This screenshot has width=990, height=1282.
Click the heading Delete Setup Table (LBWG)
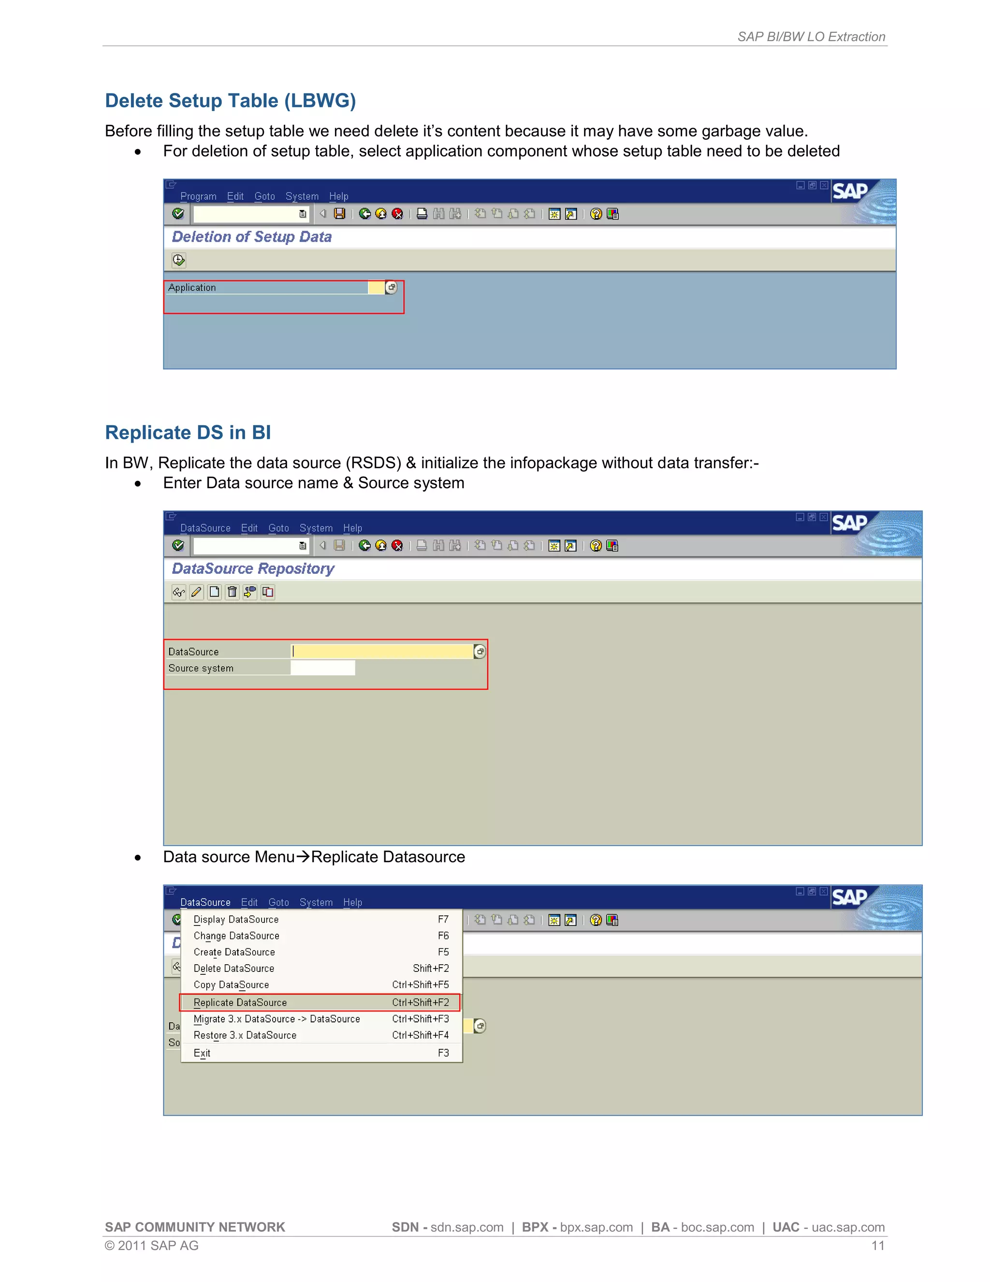(x=230, y=101)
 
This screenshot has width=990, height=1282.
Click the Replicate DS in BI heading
(x=188, y=432)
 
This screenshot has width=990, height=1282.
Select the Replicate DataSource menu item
(x=240, y=1002)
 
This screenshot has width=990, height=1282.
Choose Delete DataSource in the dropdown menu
(x=234, y=969)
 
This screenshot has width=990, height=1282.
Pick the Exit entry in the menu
(x=202, y=1053)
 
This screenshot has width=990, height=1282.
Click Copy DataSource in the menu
(x=231, y=985)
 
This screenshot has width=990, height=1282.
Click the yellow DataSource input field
(x=382, y=652)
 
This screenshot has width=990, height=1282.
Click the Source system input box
(x=322, y=668)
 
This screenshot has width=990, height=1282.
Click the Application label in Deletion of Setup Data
(x=192, y=288)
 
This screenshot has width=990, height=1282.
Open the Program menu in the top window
(x=198, y=196)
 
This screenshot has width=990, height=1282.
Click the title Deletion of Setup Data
(x=251, y=237)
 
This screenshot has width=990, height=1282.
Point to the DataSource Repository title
(x=253, y=569)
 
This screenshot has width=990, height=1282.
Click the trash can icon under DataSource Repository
(x=232, y=592)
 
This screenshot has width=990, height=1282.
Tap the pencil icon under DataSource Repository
(x=196, y=592)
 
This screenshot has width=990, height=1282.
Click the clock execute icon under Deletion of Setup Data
(x=179, y=260)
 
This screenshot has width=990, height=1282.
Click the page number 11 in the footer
(x=877, y=1246)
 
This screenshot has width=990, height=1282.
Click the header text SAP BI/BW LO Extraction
(x=811, y=37)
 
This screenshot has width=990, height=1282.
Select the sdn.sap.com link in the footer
(x=467, y=1227)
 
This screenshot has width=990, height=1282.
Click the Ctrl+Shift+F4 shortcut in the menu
(x=420, y=1035)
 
